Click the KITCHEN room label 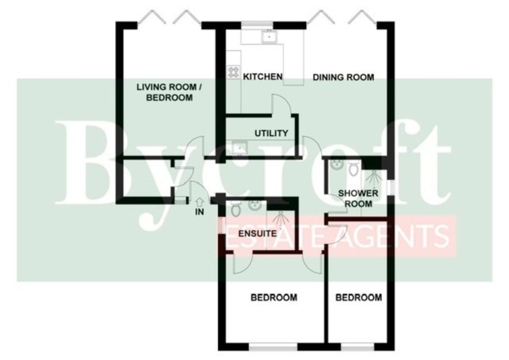[262, 77]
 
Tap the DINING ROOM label [343, 77]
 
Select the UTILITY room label [271, 133]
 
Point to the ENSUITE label [258, 234]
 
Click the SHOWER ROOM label [358, 199]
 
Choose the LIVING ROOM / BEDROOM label [169, 92]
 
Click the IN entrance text [200, 212]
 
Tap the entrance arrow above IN [200, 202]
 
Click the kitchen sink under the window [269, 37]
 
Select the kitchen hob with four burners [233, 72]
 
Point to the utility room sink [240, 148]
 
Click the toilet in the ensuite [235, 209]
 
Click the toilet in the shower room [353, 168]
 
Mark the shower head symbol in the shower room [372, 179]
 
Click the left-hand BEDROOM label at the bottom [274, 297]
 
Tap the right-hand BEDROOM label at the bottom [358, 297]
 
